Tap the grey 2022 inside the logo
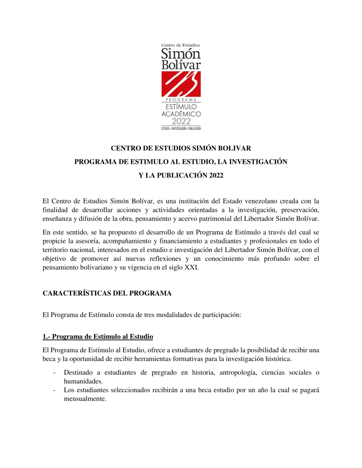(181, 121)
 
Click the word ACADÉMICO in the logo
(181, 113)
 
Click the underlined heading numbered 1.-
(97, 337)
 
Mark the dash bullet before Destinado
(55, 372)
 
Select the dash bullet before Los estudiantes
(55, 390)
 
